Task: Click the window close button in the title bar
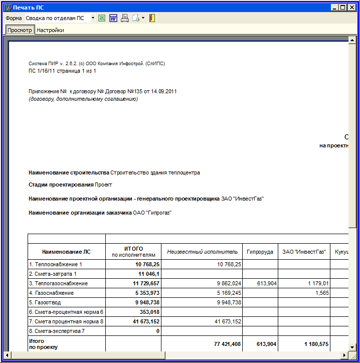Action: click(352, 8)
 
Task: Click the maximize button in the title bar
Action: click(343, 8)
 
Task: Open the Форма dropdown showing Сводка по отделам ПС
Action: click(93, 18)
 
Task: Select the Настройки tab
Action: click(50, 30)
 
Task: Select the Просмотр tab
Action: click(20, 30)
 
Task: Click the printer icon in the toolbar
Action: click(125, 18)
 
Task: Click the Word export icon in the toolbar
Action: click(113, 18)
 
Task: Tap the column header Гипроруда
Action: click(260, 251)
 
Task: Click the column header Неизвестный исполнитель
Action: click(202, 251)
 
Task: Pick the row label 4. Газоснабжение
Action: click(52, 293)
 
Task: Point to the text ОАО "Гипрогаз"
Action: click(152, 213)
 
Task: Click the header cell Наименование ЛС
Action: click(66, 251)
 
